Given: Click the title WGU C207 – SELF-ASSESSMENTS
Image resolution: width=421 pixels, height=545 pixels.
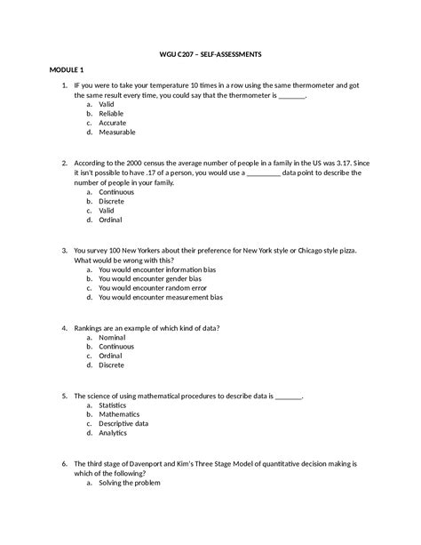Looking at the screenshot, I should coord(210,53).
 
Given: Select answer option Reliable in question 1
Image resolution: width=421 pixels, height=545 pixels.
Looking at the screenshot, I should coord(113,113).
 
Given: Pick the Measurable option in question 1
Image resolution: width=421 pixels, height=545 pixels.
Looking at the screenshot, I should coord(117,132).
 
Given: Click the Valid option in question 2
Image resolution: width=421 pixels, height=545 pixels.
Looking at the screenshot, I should coord(107,210).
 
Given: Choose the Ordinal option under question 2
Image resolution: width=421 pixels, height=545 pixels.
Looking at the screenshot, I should coord(111,220).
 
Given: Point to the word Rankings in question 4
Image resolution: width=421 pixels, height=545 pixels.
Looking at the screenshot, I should coord(90,327).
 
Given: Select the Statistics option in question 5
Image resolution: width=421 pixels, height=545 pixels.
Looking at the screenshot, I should coord(114,405).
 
